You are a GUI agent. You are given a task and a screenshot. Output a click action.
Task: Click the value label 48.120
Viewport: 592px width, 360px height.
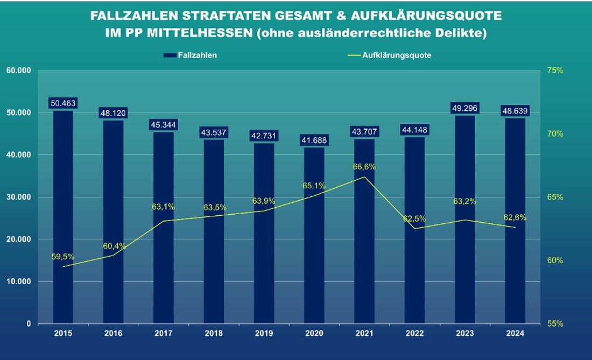pyautogui.click(x=113, y=114)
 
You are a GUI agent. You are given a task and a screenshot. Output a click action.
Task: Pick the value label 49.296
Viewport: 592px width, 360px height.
pyautogui.click(x=465, y=109)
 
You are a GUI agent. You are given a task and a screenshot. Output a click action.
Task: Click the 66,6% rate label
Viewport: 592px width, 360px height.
pyautogui.click(x=365, y=167)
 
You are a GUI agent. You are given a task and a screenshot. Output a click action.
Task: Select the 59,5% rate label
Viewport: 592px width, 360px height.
pyautogui.click(x=64, y=257)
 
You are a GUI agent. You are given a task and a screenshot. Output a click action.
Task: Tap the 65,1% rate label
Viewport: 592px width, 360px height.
pyautogui.click(x=315, y=186)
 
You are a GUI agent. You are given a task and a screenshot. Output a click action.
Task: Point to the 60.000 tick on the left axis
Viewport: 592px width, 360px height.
pyautogui.click(x=18, y=70)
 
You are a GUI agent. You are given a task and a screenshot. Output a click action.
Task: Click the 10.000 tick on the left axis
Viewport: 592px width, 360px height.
pyautogui.click(x=18, y=281)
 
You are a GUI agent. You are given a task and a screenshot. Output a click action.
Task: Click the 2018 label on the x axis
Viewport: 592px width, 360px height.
pyautogui.click(x=214, y=334)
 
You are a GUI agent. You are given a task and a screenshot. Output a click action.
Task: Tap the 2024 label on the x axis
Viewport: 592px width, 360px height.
pyautogui.click(x=515, y=334)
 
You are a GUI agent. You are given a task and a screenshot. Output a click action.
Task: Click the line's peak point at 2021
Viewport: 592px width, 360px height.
pyautogui.click(x=364, y=177)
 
